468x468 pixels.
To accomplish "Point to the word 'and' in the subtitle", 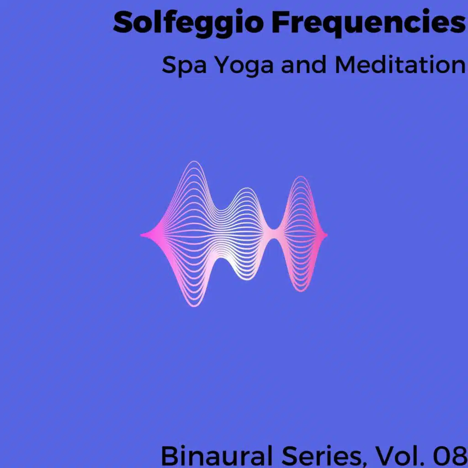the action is pos(303,65).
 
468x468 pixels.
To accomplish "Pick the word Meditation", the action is pos(400,65).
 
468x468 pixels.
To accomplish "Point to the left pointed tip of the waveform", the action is pos(141,235).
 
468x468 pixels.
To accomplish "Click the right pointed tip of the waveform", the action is pos(327,235).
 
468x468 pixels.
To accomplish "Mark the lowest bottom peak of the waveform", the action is pos(194,306).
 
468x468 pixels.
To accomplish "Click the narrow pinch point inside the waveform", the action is pos(273,234).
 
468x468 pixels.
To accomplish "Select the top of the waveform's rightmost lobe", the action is pos(301,177).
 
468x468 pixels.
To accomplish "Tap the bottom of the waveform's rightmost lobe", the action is pos(301,291).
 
